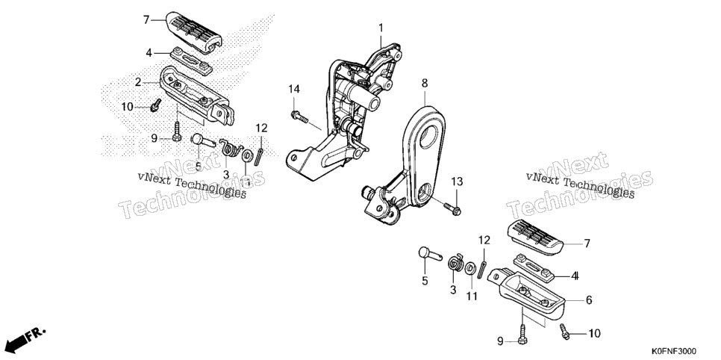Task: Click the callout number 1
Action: coord(381,28)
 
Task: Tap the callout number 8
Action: coord(425,84)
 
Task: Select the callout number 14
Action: coord(294,90)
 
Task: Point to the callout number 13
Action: coord(457,181)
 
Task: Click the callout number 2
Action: coord(137,82)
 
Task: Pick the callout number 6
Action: coord(589,300)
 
